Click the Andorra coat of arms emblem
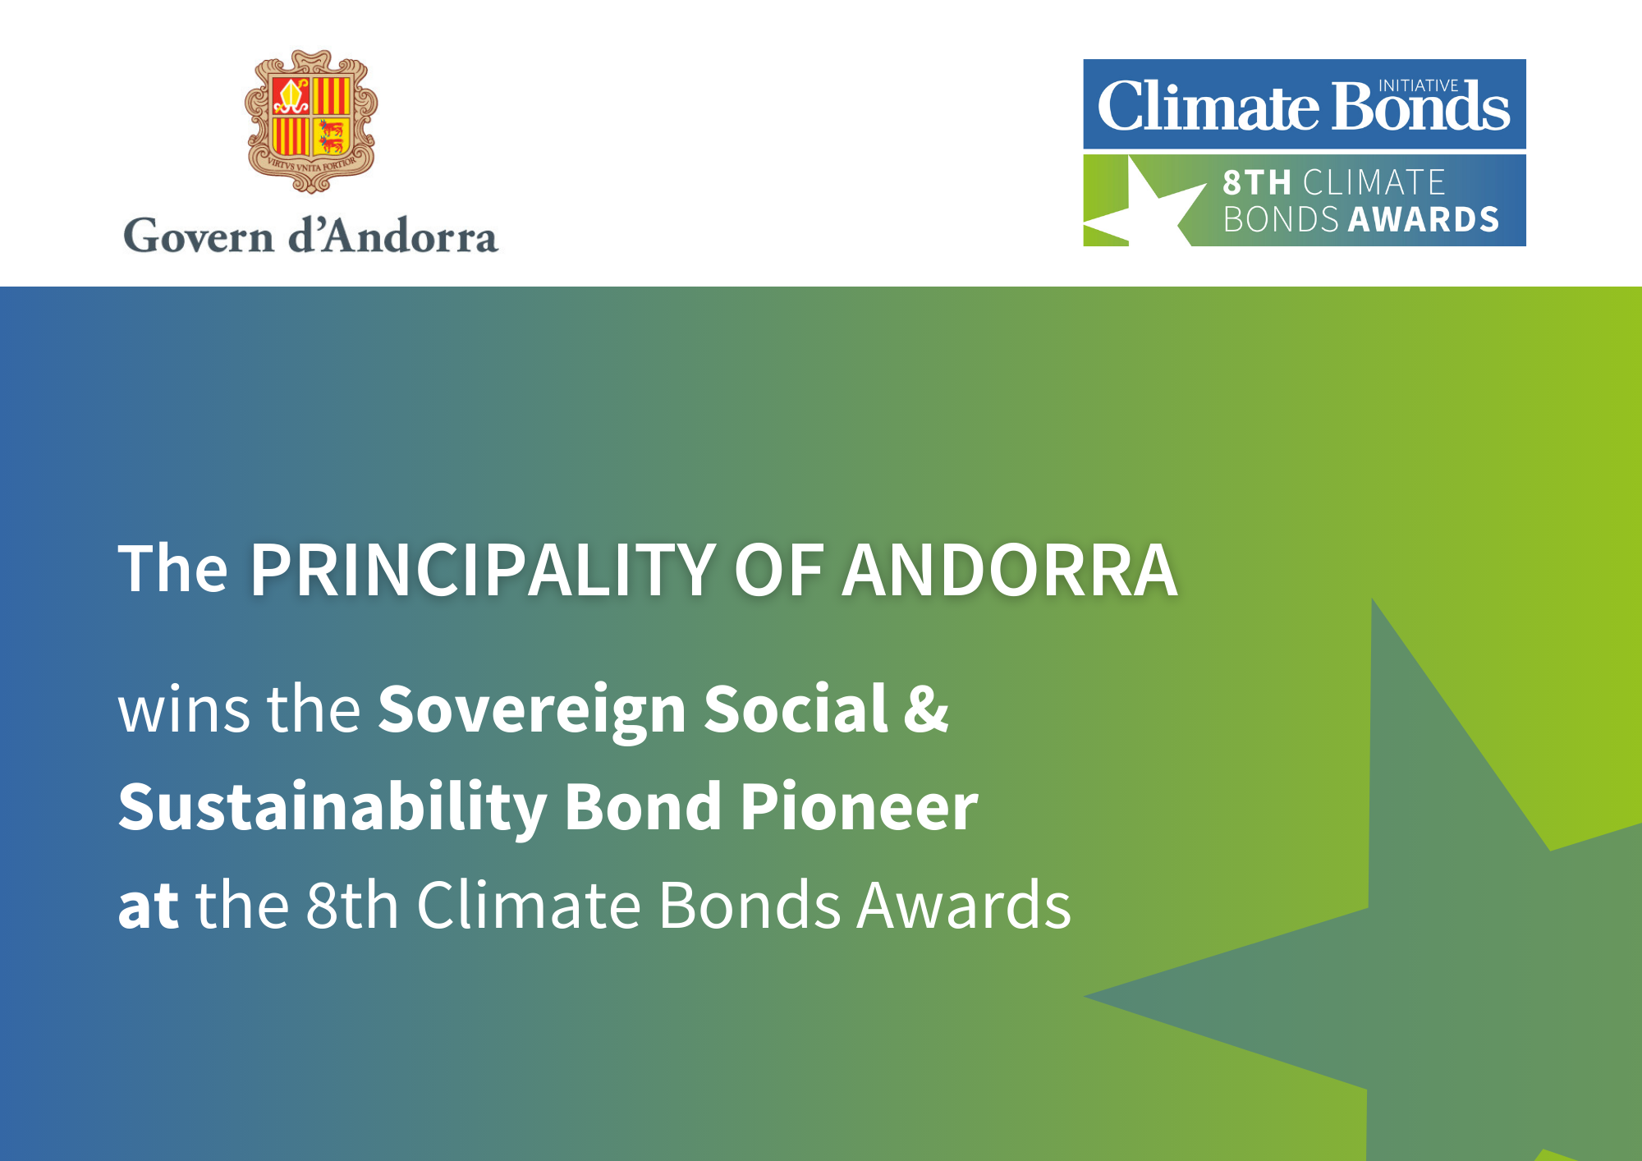pyautogui.click(x=311, y=121)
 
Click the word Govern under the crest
pyautogui.click(x=199, y=236)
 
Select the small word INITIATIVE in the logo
pyautogui.click(x=1418, y=85)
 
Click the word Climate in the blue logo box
pyautogui.click(x=1209, y=107)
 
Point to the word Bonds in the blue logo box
pyautogui.click(x=1421, y=107)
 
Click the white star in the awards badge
pyautogui.click(x=1146, y=202)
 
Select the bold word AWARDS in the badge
pyautogui.click(x=1424, y=219)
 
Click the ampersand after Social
pyautogui.click(x=926, y=709)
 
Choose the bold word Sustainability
pyautogui.click(x=333, y=808)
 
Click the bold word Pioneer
pyautogui.click(x=860, y=808)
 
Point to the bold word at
pyautogui.click(x=149, y=906)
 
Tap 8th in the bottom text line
pyautogui.click(x=352, y=905)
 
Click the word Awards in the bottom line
pyautogui.click(x=964, y=905)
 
